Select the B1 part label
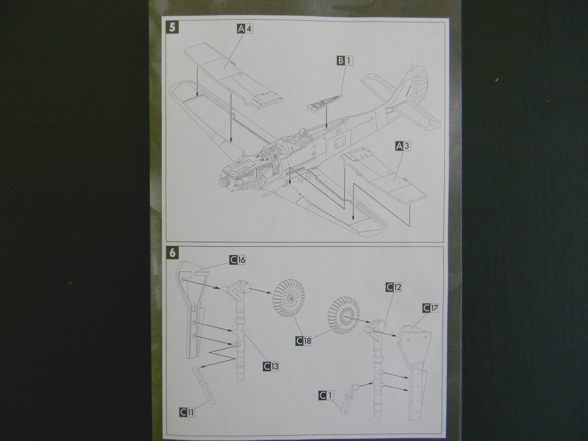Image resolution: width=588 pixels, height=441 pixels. [344, 61]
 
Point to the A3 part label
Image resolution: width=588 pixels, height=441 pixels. [403, 146]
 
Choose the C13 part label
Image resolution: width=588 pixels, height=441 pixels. [271, 366]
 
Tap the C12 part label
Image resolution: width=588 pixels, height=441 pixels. [393, 287]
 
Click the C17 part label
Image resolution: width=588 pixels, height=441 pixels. [431, 308]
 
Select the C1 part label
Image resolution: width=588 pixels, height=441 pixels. [326, 395]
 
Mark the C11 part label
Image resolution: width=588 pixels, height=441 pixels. [187, 412]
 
